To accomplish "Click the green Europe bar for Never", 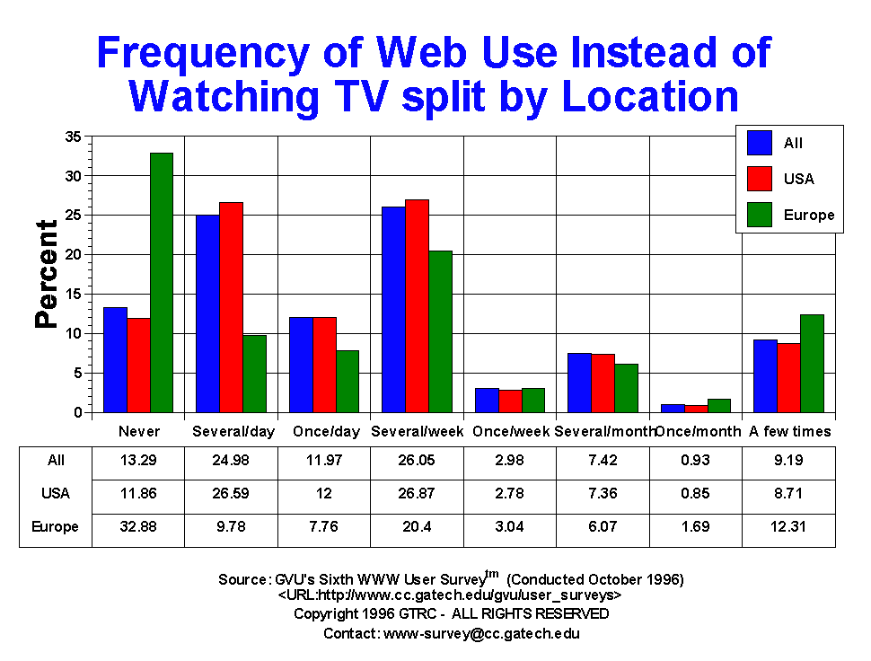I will click(x=162, y=283).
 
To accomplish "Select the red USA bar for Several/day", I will click(x=231, y=307).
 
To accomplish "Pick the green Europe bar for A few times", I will click(x=812, y=364).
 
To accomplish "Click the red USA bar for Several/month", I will click(x=603, y=383).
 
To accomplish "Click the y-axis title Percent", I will click(x=47, y=274).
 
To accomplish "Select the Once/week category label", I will click(x=509, y=432).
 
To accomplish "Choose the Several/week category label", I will click(x=417, y=432).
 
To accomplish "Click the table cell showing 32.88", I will click(x=138, y=527).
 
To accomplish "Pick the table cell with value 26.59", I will click(x=231, y=493).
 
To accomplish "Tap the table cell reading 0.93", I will click(x=695, y=460).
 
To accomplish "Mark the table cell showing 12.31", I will click(x=788, y=527).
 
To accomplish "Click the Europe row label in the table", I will click(x=56, y=527).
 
